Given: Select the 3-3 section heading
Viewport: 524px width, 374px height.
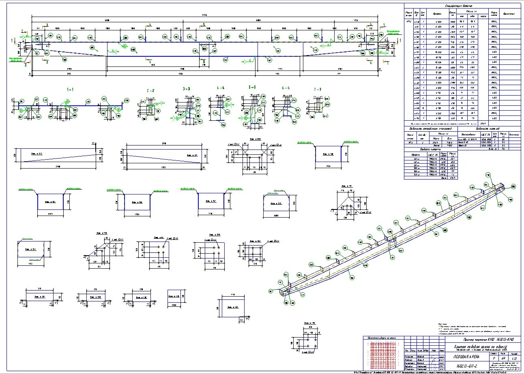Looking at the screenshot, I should point(187,88).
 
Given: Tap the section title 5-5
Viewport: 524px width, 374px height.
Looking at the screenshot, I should point(252,87).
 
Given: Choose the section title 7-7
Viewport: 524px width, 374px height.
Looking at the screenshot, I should point(317,89).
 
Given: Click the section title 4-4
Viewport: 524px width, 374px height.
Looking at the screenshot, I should point(221,88).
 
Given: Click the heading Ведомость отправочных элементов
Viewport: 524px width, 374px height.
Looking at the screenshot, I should point(430,128).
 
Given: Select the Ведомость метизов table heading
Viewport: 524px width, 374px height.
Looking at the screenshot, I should point(487,128).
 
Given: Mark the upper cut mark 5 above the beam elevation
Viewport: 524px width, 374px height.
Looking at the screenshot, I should point(204,25).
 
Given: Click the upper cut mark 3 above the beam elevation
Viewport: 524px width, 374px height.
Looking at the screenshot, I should point(47,25).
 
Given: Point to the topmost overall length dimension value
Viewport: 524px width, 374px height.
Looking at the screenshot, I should point(205,15).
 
